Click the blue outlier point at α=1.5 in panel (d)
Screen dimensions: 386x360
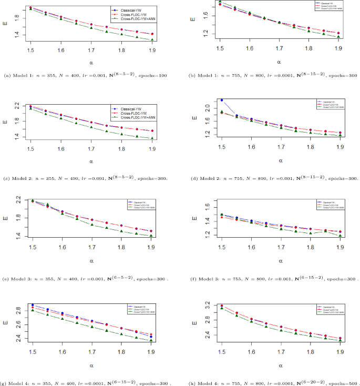pyautogui.click(x=222, y=100)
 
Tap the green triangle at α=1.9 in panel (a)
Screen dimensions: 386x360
pyautogui.click(x=152, y=40)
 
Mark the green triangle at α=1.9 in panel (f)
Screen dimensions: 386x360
pyautogui.click(x=340, y=236)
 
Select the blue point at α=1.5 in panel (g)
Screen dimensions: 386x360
pyautogui.click(x=33, y=305)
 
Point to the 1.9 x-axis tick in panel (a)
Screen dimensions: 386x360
pyautogui.click(x=152, y=49)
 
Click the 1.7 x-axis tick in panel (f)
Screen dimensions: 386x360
pyautogui.click(x=281, y=246)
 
